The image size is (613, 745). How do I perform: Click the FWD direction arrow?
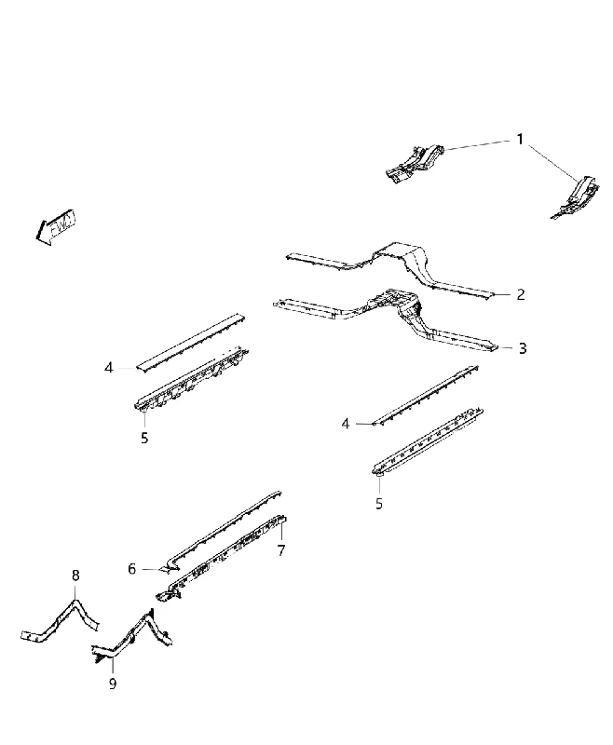tap(56, 226)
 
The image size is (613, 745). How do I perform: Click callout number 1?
tap(520, 139)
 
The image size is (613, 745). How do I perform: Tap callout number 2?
tap(521, 294)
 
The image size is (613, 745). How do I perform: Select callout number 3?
tap(523, 348)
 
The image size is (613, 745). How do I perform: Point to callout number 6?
tap(132, 569)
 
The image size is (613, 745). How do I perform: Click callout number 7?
tap(281, 550)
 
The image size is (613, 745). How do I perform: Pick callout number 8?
tap(75, 576)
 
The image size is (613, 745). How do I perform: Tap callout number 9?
tap(113, 684)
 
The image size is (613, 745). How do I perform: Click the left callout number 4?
tap(109, 368)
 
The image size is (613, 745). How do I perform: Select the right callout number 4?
tap(346, 424)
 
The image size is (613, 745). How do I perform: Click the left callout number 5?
tap(144, 438)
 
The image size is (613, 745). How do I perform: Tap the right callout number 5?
tap(379, 504)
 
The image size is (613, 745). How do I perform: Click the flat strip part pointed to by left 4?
tap(190, 342)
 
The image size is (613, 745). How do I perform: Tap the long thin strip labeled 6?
tap(221, 530)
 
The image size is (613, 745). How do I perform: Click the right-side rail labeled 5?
tap(428, 440)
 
